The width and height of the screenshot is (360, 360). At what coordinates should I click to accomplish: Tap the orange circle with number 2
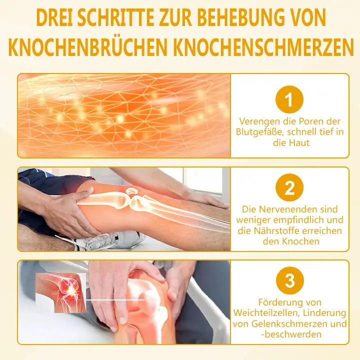289,188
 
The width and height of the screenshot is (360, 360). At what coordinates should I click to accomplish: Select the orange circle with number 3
289,281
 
